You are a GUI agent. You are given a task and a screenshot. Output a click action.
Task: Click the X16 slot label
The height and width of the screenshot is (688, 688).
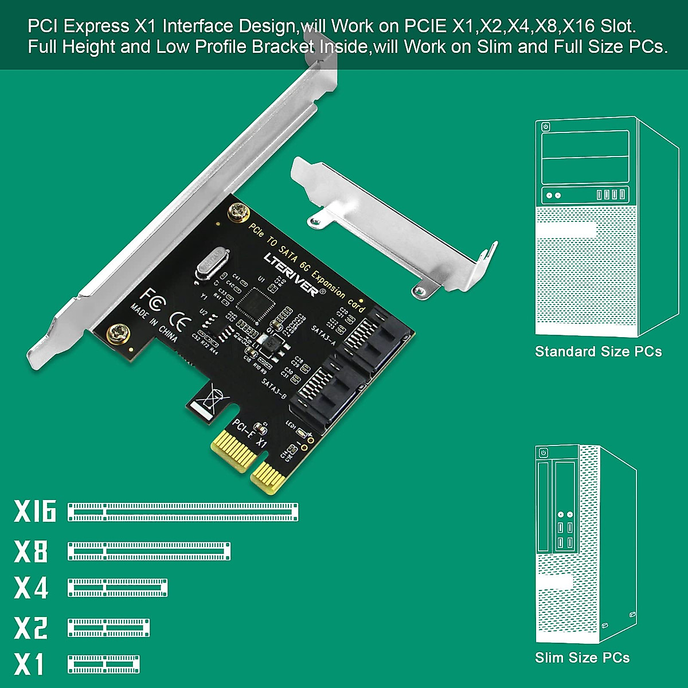pos(35,511)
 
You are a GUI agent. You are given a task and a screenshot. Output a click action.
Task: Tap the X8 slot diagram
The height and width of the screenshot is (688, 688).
pos(149,551)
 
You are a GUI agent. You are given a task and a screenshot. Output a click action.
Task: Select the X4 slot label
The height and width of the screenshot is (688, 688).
pos(32,588)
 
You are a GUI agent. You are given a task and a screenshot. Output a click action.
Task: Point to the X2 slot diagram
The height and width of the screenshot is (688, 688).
pos(108,628)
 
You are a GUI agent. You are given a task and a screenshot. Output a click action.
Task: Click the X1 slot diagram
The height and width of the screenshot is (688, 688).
pos(104,664)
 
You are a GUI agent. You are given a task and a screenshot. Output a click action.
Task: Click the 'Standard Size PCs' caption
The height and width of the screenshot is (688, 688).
pos(598,351)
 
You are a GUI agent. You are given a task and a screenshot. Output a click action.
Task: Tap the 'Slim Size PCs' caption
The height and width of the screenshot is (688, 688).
pos(582,658)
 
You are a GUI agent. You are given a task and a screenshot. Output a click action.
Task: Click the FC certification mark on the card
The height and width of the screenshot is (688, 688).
pos(153,299)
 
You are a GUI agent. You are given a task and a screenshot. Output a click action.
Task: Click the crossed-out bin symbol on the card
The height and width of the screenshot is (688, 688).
pos(214,397)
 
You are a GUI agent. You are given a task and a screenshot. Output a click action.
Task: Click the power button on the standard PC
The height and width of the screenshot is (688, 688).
pos(545,127)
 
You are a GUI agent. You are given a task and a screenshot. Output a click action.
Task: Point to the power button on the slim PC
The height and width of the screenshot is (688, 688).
pos(543,453)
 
